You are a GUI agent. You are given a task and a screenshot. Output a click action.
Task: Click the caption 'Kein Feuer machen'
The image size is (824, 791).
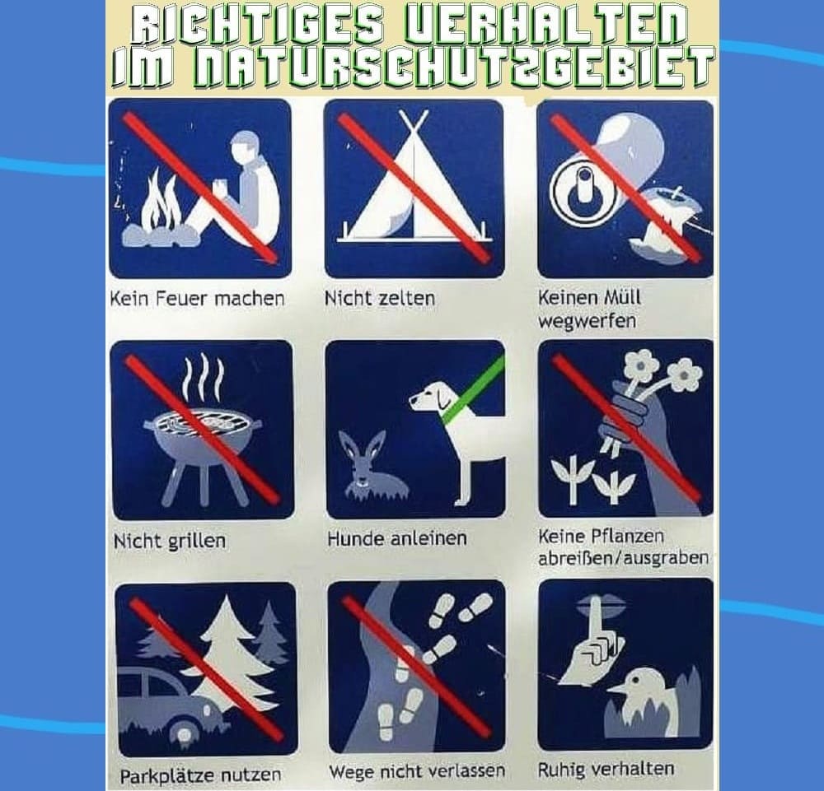tap(197, 299)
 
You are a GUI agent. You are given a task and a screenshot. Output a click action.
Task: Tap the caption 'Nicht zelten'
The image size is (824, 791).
tap(379, 298)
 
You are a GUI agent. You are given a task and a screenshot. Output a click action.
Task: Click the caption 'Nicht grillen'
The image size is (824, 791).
tap(169, 541)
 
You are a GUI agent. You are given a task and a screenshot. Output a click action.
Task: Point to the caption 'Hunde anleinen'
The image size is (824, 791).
tap(397, 538)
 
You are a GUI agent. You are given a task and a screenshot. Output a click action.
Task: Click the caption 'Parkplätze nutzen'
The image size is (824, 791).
tap(200, 775)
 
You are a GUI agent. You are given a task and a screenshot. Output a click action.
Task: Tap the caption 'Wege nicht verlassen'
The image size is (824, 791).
tap(417, 771)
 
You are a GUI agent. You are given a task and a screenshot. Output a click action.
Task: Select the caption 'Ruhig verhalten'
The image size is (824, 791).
tap(606, 770)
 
